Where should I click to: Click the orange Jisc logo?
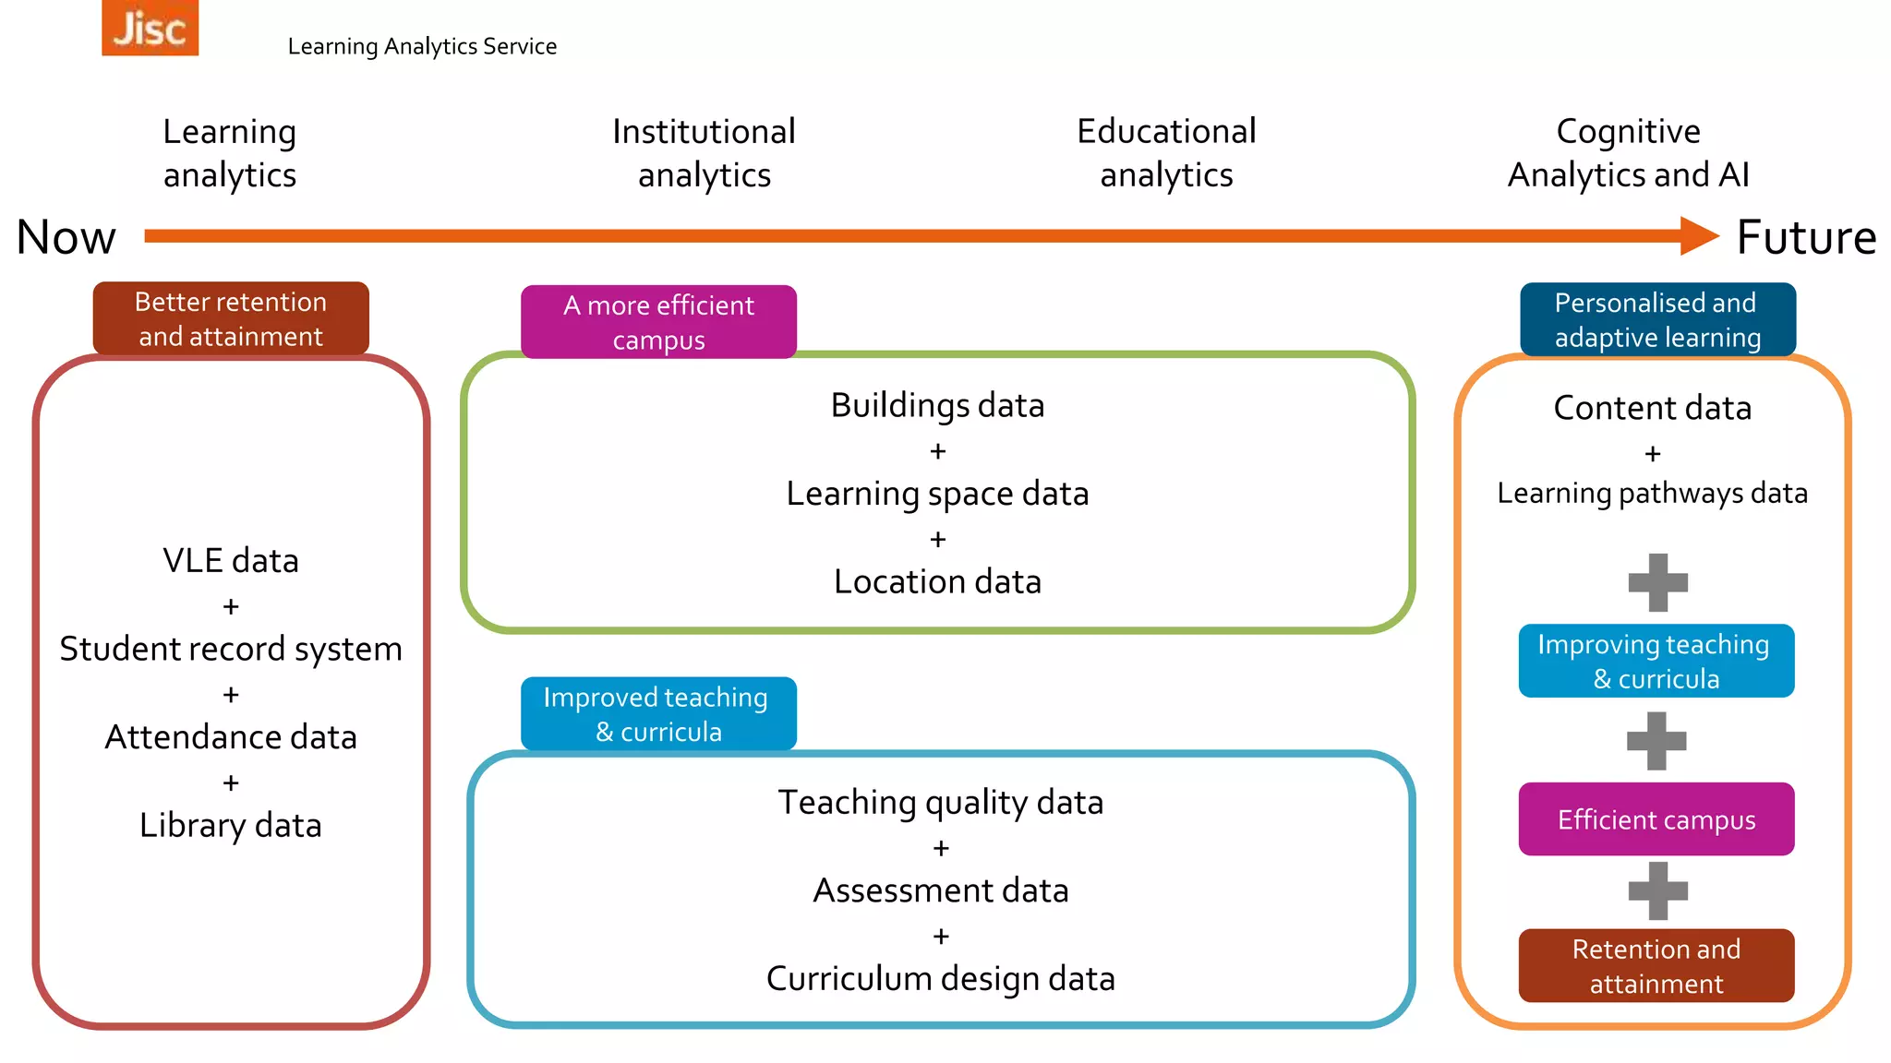[x=150, y=28]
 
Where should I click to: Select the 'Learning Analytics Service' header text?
[x=422, y=46]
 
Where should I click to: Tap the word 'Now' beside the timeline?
[x=66, y=237]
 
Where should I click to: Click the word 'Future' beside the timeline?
[x=1806, y=237]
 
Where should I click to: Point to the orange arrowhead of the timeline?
[x=1698, y=236]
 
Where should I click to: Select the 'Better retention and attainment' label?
[x=231, y=318]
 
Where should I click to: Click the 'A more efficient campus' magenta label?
[x=658, y=322]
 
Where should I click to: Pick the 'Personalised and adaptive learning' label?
[x=1657, y=319]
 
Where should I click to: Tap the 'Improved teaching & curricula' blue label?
[x=657, y=713]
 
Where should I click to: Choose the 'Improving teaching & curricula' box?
[x=1656, y=661]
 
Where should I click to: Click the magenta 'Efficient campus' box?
[x=1656, y=819]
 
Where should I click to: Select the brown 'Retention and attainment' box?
[x=1656, y=965]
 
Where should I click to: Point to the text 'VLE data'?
[x=231, y=561]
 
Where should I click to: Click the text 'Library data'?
[x=231, y=825]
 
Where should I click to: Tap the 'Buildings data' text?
[x=937, y=406]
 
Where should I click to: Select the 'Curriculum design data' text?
[x=940, y=978]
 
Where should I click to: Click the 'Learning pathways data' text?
[x=1652, y=494]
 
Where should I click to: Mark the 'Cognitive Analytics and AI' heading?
[x=1628, y=153]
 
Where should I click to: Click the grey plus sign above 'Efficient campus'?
[x=1656, y=741]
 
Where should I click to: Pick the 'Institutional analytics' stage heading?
[x=704, y=153]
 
